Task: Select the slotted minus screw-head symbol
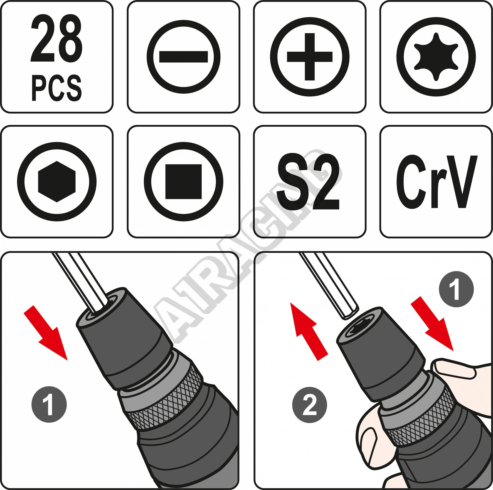click(184, 57)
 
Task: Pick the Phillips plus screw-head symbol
click(310, 57)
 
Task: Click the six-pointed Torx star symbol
click(436, 57)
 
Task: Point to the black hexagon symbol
click(57, 181)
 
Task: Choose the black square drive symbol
click(183, 182)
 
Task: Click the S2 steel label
click(308, 181)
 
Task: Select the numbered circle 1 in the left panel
click(49, 405)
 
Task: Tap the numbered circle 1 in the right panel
click(456, 289)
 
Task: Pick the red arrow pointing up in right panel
click(309, 332)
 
